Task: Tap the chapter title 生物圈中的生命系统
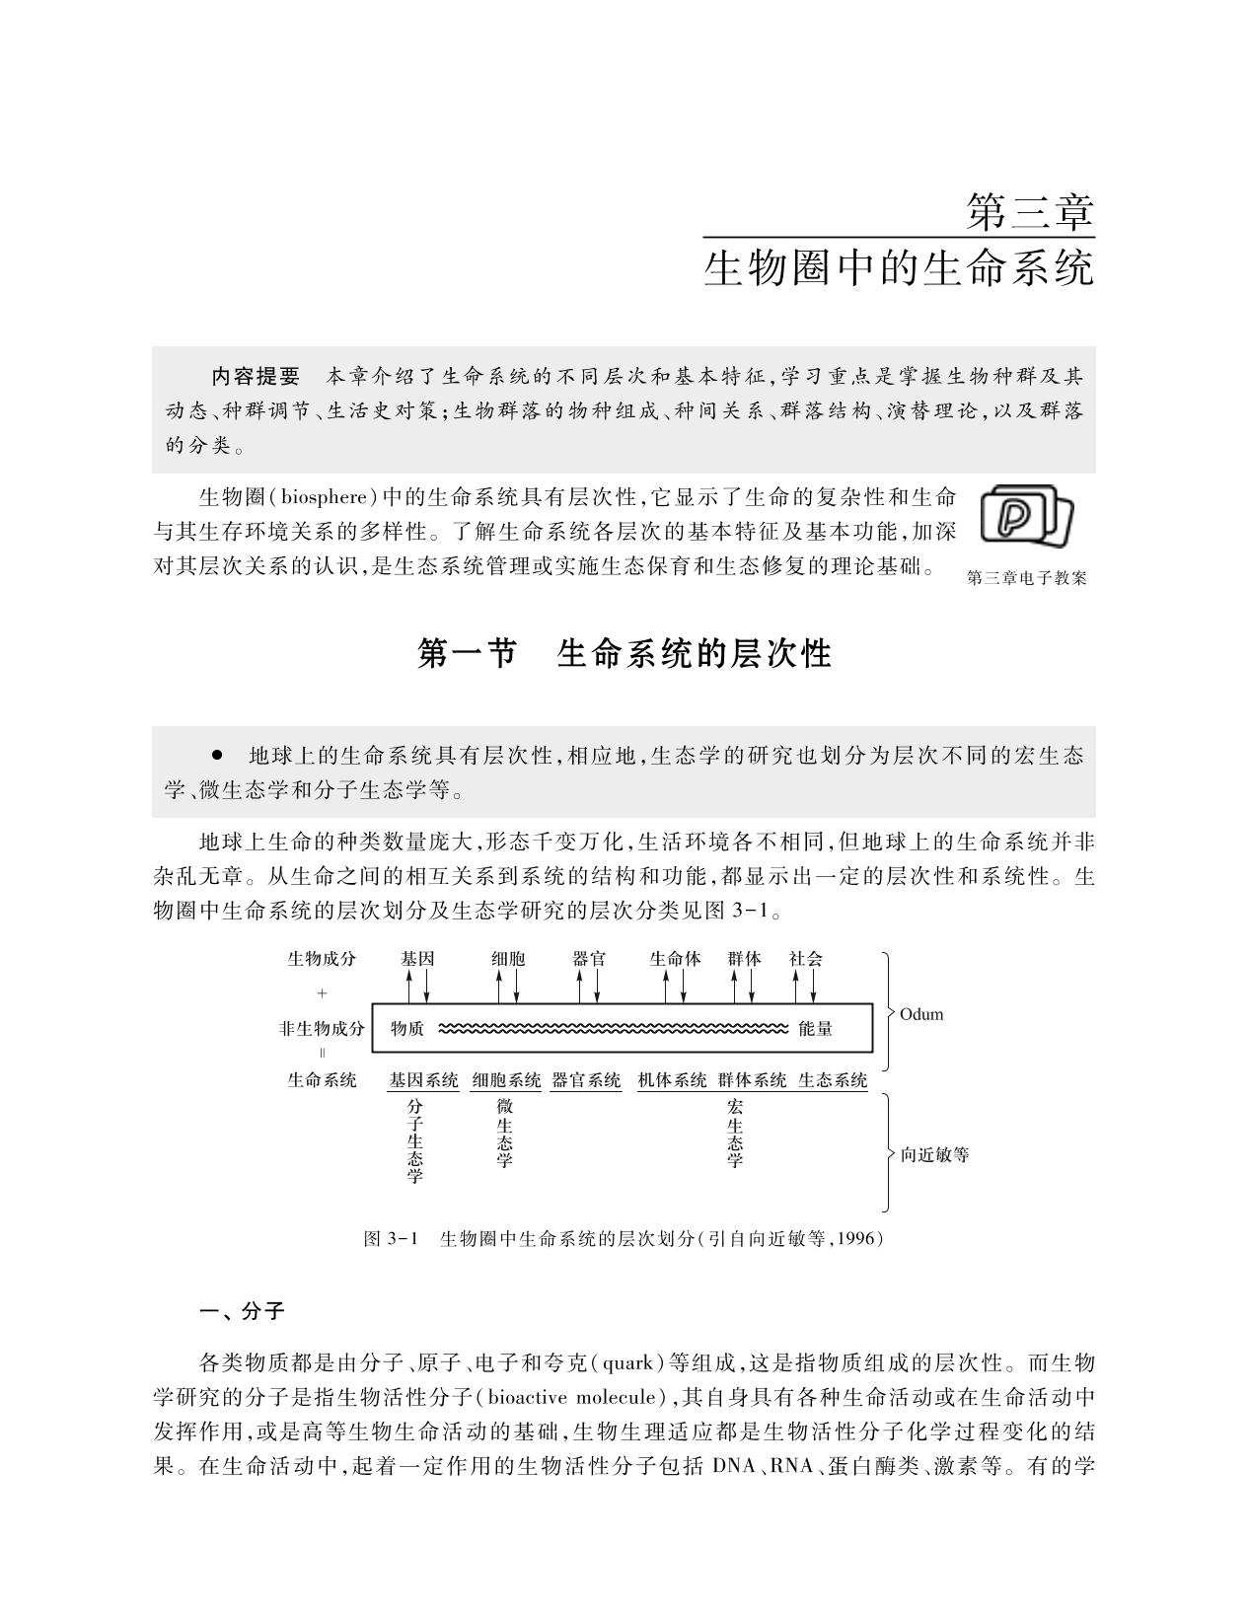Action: (899, 268)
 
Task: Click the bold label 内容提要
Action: (256, 376)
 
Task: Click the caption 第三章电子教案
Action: (1027, 579)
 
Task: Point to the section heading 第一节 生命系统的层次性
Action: (624, 653)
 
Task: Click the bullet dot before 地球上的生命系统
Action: (217, 755)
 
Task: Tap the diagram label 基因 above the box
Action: (417, 958)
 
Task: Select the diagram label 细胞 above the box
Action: (508, 958)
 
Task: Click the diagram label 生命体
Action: (676, 958)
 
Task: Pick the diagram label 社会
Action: (805, 958)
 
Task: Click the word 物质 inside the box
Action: (407, 1029)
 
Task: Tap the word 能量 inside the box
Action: (816, 1029)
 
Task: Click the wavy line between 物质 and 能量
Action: (612, 1029)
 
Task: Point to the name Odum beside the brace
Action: (921, 1014)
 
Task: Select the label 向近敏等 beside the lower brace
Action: (934, 1154)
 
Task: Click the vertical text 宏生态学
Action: (735, 1135)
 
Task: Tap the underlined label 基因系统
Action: (424, 1080)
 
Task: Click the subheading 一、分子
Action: (242, 1311)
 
